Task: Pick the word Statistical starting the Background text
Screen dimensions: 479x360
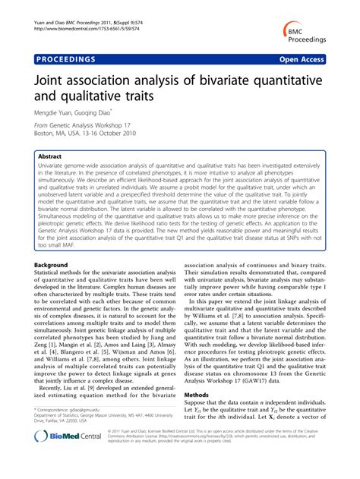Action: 52,273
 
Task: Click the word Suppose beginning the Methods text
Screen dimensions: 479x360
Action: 199,404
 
